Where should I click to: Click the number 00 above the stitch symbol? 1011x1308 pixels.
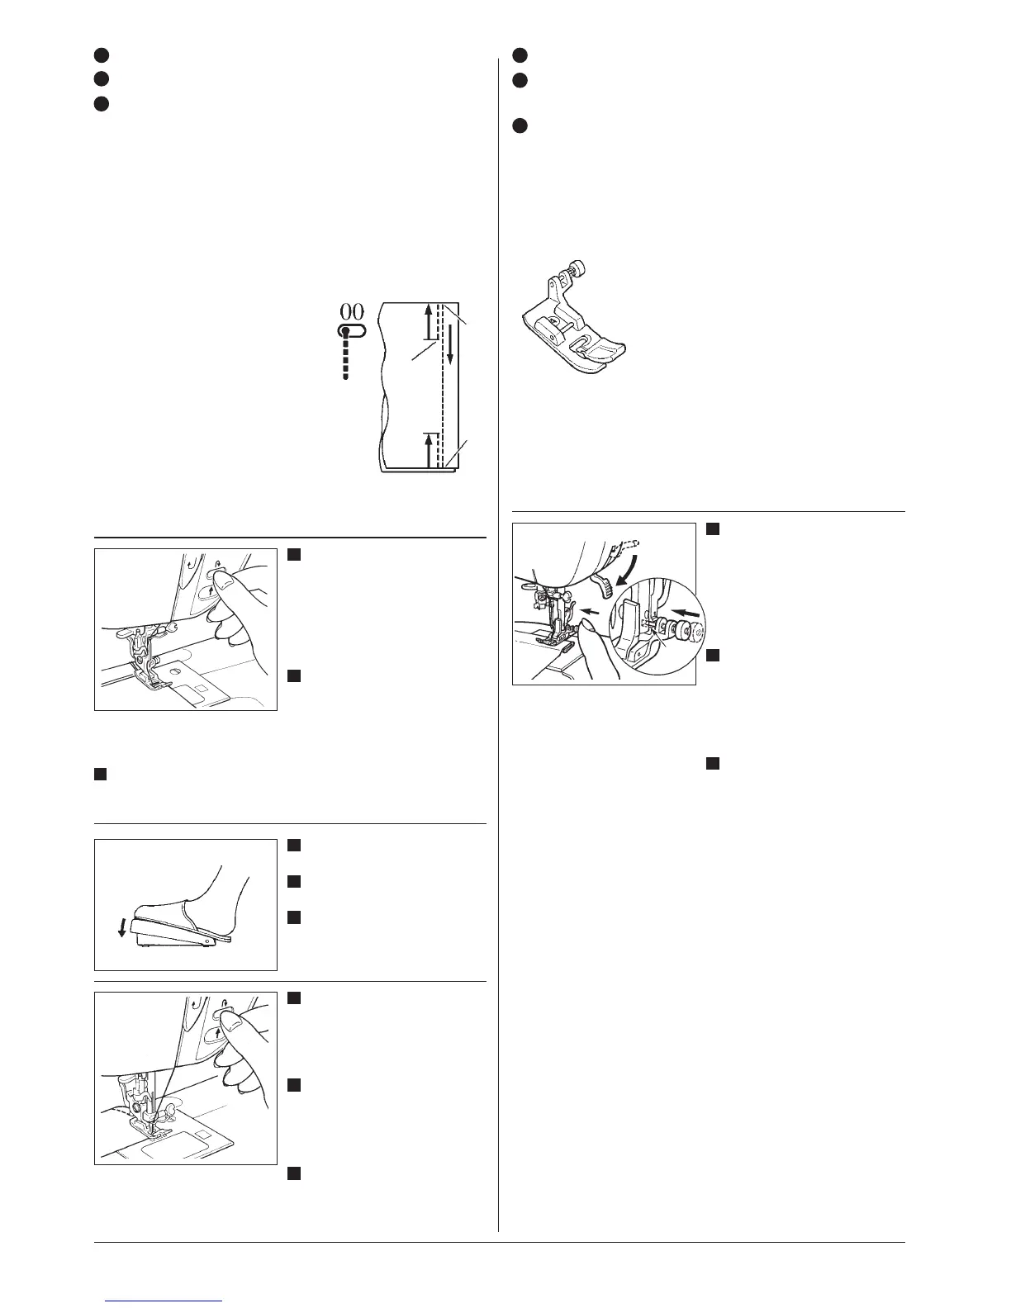351,311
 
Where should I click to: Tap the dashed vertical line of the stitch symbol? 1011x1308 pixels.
346,358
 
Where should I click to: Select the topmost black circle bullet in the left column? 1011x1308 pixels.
101,54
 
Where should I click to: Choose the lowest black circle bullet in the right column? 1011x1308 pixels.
520,126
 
